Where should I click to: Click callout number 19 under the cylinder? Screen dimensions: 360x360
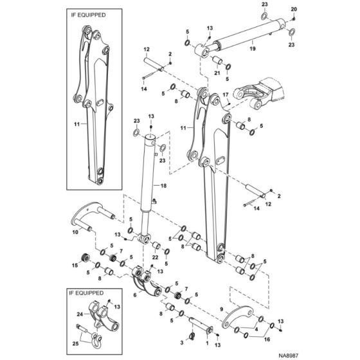click(x=252, y=49)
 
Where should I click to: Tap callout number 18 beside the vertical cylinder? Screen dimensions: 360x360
click(x=163, y=186)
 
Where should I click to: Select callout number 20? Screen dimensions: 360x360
click(x=294, y=9)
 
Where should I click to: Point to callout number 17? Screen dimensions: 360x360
click(x=226, y=94)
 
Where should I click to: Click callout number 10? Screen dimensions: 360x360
click(x=75, y=232)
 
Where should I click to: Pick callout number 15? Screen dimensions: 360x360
click(x=75, y=265)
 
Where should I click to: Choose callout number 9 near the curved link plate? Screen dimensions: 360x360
click(x=222, y=309)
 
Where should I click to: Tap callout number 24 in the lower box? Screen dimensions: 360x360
click(x=80, y=314)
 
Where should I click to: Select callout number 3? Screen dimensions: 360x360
click(x=182, y=343)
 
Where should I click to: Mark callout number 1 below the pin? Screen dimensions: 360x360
click(x=207, y=343)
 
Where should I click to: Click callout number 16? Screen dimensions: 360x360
click(x=267, y=339)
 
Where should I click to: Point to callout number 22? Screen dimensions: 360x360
click(x=155, y=257)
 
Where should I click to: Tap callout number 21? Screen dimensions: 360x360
click(x=217, y=73)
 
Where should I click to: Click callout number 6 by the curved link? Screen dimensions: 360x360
click(x=135, y=295)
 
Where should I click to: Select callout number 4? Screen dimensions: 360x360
click(x=256, y=329)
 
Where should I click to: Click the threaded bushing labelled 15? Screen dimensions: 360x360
click(x=85, y=258)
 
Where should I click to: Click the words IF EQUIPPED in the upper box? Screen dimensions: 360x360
click(x=89, y=15)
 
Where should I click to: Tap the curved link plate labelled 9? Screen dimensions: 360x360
click(x=238, y=314)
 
